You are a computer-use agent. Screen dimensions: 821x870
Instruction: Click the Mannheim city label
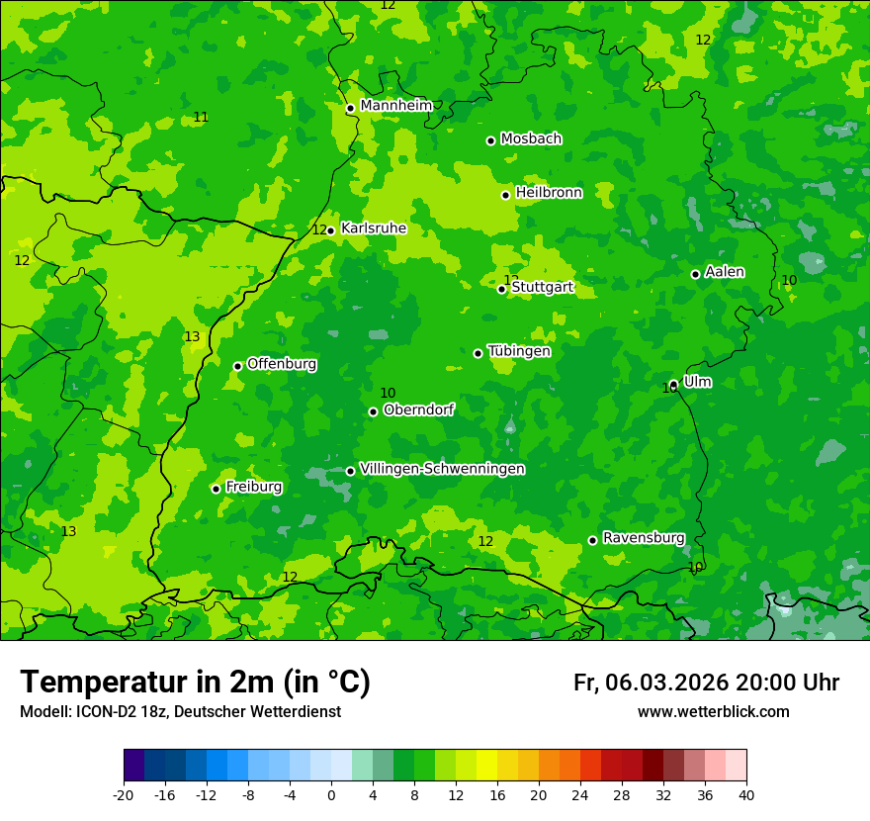(x=395, y=106)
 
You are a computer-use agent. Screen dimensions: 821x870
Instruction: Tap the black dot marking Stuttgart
(x=501, y=289)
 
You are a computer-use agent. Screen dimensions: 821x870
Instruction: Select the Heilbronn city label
(x=549, y=193)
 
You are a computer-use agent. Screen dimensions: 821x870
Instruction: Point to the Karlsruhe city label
(x=373, y=228)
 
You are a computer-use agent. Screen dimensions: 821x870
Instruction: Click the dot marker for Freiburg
(x=216, y=489)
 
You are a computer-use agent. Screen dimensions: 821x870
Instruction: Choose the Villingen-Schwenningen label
(x=442, y=469)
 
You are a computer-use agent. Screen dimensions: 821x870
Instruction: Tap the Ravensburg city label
(x=643, y=538)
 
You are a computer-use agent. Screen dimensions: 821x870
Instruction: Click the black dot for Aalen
(x=695, y=274)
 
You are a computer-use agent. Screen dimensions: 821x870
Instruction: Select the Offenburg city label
(x=282, y=364)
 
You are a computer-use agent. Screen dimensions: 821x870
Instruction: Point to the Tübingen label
(x=519, y=351)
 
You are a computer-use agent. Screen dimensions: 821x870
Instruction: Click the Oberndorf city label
(x=418, y=410)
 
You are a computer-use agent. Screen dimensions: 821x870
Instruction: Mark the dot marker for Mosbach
(x=490, y=140)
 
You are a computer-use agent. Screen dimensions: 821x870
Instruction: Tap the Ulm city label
(x=697, y=382)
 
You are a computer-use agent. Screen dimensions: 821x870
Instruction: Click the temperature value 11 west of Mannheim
(x=201, y=118)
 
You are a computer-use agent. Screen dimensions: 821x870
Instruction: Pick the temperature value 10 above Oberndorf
(x=388, y=394)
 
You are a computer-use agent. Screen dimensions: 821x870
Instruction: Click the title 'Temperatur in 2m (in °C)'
(x=195, y=683)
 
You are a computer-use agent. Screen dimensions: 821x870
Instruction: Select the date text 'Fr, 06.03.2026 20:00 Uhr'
(x=706, y=683)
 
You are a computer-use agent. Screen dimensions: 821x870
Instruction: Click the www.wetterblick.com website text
(x=713, y=712)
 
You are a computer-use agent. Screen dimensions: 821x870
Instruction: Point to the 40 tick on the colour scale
(x=746, y=794)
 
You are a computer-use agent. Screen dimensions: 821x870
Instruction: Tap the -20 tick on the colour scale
(x=124, y=794)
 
